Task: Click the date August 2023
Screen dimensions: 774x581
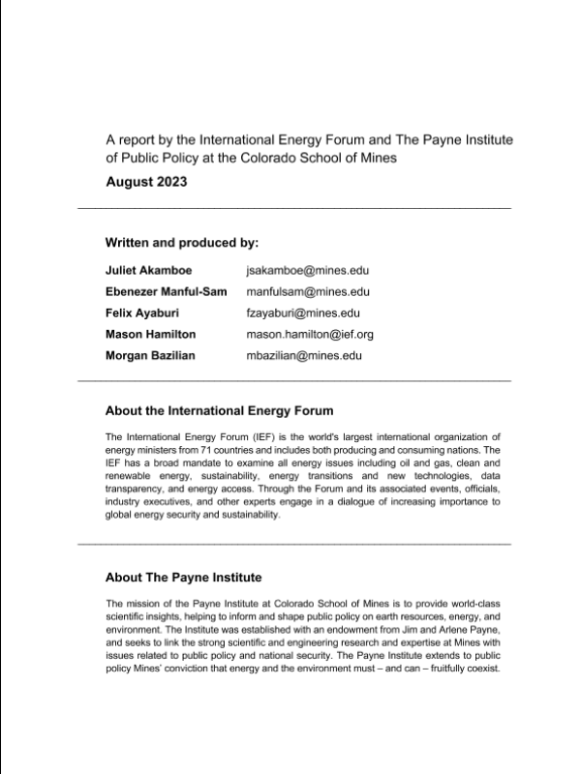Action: [x=147, y=181]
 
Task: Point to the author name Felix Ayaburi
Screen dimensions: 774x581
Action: [x=141, y=313]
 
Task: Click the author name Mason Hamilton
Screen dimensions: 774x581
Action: [x=150, y=334]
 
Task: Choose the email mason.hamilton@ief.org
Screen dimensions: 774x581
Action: [x=310, y=334]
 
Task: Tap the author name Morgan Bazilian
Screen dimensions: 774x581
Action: [x=151, y=355]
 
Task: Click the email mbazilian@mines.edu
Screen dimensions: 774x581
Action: [x=304, y=355]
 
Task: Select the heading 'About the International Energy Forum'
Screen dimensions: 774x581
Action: [x=219, y=410]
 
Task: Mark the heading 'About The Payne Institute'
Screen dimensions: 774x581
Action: [x=183, y=578]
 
